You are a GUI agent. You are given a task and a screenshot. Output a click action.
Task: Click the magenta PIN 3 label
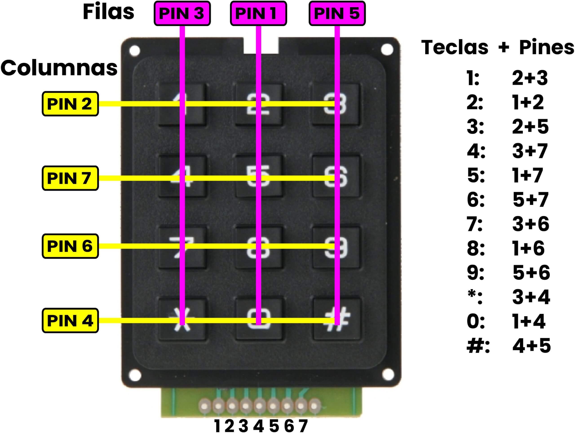(x=182, y=13)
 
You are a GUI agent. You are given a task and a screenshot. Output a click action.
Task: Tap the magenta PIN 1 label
(x=258, y=13)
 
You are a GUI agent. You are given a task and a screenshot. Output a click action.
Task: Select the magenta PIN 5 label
(x=337, y=13)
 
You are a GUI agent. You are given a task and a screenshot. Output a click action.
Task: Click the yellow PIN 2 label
(x=70, y=104)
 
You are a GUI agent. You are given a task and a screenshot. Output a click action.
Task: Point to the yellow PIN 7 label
(x=70, y=178)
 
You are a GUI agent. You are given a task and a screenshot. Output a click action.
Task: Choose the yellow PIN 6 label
(x=70, y=246)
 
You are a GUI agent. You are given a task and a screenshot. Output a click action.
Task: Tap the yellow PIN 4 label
(x=70, y=321)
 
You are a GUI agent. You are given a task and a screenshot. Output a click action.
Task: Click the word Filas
(x=108, y=12)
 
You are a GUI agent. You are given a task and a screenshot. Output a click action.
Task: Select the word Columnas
(x=59, y=68)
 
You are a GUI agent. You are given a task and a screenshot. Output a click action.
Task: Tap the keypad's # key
(x=336, y=319)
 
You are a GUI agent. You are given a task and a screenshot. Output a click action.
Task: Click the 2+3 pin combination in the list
(x=530, y=78)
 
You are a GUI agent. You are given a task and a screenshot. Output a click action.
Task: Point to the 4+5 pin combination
(x=531, y=345)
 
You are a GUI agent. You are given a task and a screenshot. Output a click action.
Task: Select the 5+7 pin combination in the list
(x=531, y=200)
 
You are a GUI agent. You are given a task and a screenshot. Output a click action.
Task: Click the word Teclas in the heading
(x=455, y=47)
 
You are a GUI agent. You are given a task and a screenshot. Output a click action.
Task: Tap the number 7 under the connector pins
(x=303, y=426)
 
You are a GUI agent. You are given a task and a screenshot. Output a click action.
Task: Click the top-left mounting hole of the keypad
(x=135, y=50)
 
